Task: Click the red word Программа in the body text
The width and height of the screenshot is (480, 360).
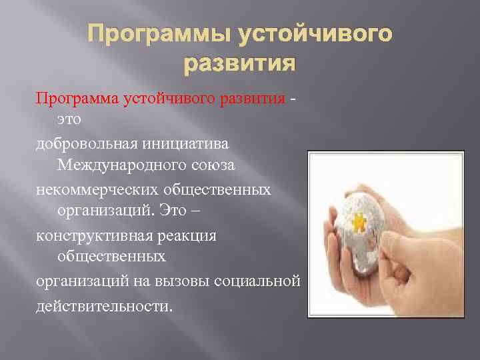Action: click(78, 99)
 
